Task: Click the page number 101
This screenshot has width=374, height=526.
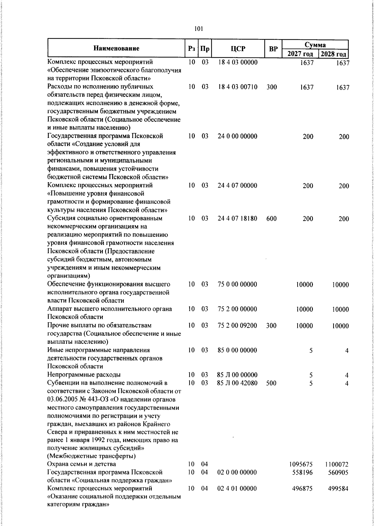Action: tap(199, 29)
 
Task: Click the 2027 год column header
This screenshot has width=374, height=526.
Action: tap(300, 54)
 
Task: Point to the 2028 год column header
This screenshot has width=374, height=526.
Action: tap(333, 54)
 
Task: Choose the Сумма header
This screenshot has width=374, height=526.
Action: tap(315, 45)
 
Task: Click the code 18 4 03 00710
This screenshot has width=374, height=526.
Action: tap(237, 87)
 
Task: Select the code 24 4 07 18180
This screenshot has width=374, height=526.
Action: tap(237, 219)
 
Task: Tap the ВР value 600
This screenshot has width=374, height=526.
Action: tap(271, 219)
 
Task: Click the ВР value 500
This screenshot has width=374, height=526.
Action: tap(271, 383)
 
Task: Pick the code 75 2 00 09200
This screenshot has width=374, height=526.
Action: tap(237, 326)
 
